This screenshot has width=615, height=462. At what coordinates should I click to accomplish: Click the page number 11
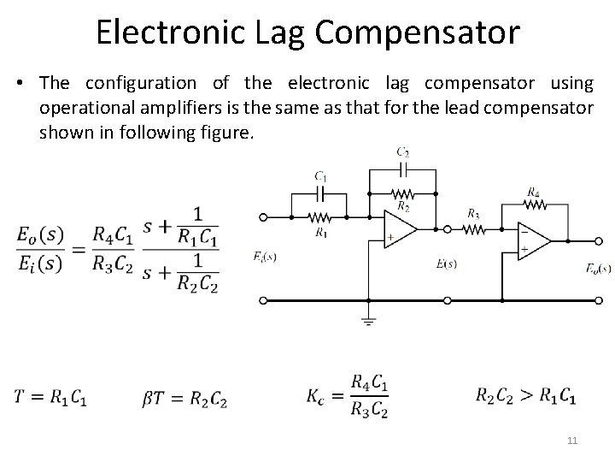coord(572,441)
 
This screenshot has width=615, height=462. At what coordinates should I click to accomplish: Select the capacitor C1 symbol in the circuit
coord(320,194)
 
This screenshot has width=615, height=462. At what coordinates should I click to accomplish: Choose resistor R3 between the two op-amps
coord(473,228)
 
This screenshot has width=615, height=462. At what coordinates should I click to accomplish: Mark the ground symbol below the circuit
coord(368,321)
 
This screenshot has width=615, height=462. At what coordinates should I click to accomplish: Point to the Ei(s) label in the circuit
coord(265,257)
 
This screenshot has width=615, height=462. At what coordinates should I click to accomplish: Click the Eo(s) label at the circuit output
coord(598,268)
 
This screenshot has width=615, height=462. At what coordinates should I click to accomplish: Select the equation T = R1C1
coord(50,397)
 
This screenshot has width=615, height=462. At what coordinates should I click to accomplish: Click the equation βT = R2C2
coord(185,397)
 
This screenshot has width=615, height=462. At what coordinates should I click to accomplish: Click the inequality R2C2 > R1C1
coord(524,397)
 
